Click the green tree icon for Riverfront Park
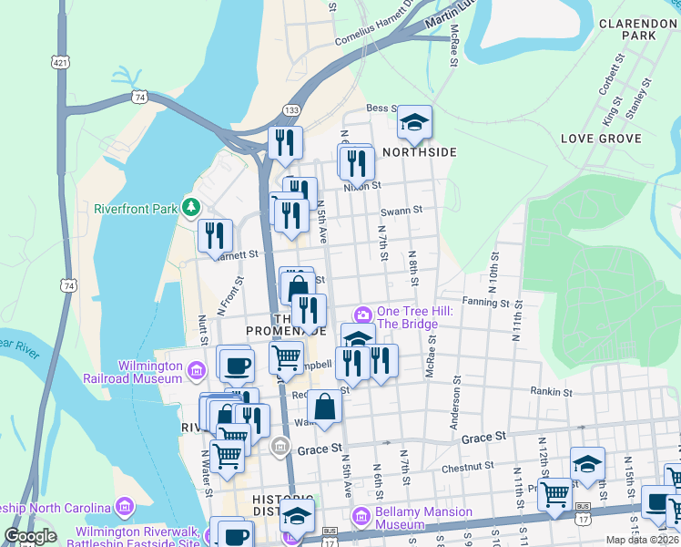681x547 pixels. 190,208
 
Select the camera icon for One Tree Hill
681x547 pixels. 364,315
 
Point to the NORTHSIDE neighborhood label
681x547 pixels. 419,152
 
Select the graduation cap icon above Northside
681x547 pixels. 414,123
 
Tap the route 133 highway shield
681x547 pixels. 291,109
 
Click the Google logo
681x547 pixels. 31,536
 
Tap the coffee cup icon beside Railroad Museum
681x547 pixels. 237,366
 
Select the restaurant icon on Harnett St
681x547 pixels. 215,237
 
